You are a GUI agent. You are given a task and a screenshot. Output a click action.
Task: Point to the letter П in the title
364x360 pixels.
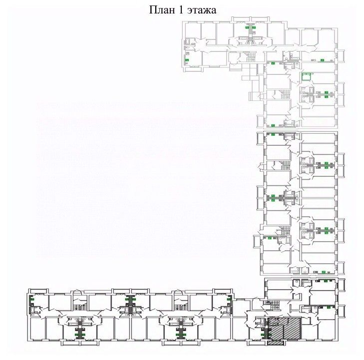click(x=153, y=10)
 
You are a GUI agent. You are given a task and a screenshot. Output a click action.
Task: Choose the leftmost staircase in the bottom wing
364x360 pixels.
click(x=79, y=305)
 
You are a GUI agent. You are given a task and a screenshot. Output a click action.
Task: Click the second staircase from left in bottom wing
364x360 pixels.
click(x=180, y=305)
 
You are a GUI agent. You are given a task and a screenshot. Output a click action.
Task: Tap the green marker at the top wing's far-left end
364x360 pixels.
click(x=188, y=60)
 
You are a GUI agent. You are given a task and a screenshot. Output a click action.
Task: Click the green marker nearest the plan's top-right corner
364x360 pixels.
click(x=323, y=60)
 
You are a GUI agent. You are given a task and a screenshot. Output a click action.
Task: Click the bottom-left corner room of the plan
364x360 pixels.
click(x=37, y=330)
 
